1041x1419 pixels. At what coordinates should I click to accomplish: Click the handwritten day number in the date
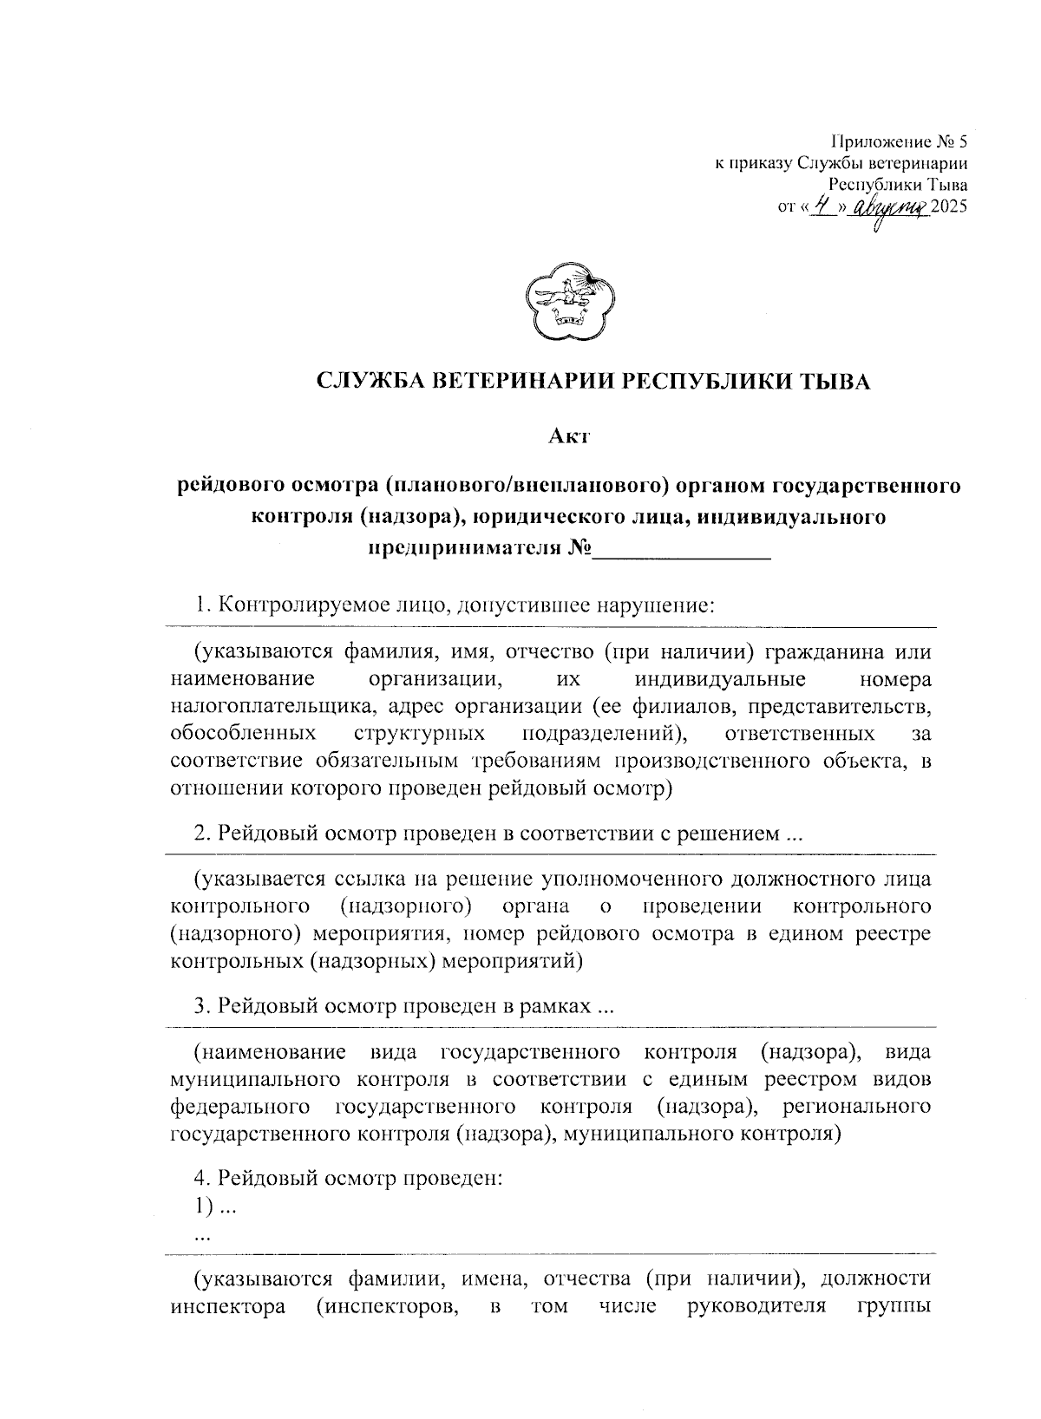tap(818, 206)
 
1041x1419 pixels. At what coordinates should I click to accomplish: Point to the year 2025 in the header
tap(948, 207)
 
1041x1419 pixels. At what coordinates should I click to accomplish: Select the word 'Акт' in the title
tap(569, 436)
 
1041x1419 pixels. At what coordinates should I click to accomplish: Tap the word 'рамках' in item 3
tap(555, 1006)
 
